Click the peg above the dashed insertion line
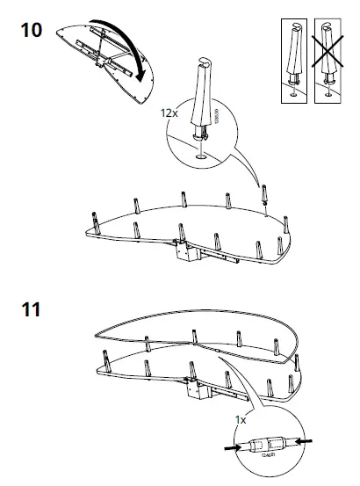pos(263,190)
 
